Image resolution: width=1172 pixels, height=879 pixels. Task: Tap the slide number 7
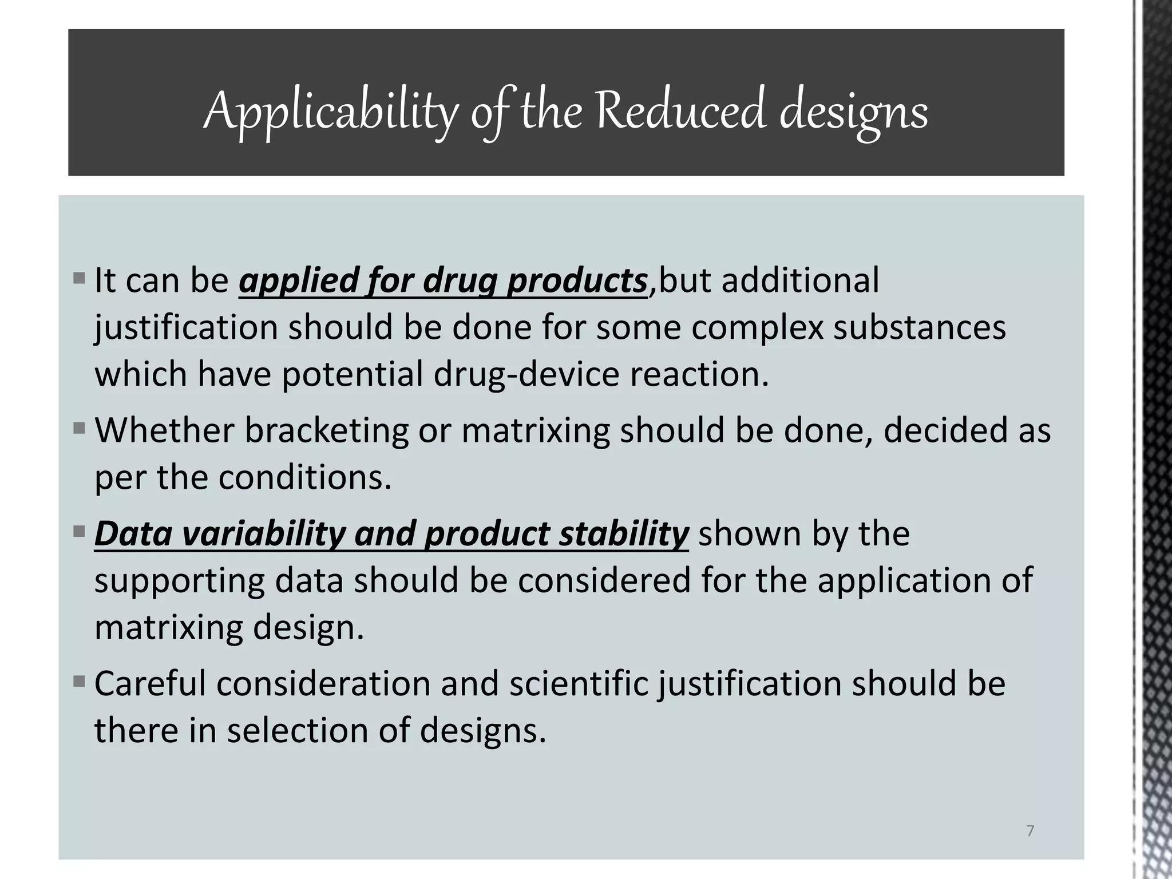(1030, 831)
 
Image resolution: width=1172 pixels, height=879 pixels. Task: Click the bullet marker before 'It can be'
(80, 280)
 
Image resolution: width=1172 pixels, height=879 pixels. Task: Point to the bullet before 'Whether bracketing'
(80, 427)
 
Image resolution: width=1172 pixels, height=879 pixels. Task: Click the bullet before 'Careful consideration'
(80, 682)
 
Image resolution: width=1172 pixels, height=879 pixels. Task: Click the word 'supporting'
(180, 581)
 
